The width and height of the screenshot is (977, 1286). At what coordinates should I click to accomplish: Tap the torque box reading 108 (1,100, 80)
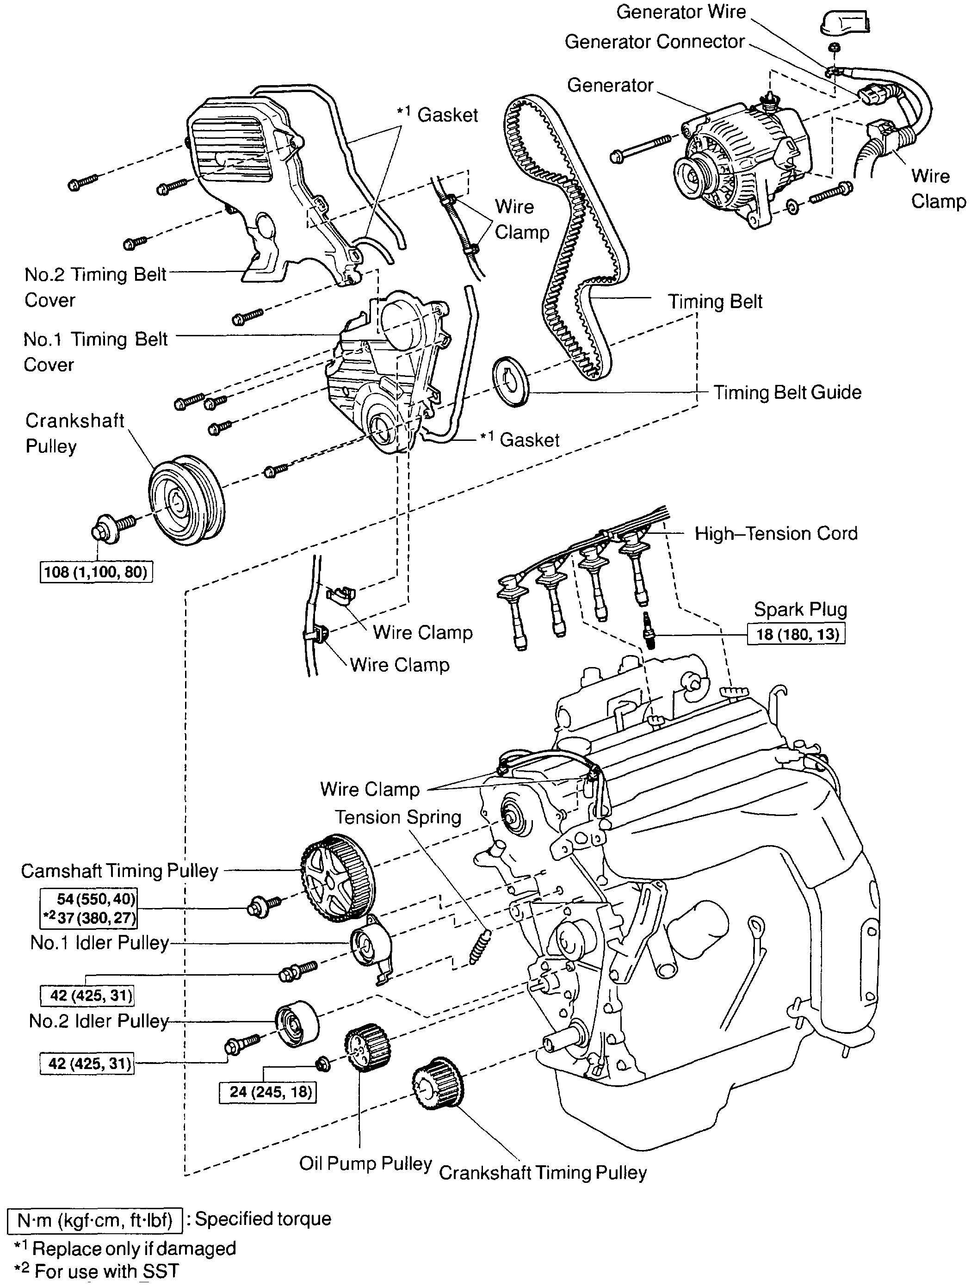click(x=96, y=572)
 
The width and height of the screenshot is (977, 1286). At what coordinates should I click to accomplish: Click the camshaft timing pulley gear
click(x=338, y=878)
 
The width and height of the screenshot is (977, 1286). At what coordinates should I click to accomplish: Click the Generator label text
click(x=610, y=86)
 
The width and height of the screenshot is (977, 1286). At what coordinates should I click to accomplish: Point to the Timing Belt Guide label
click(x=787, y=392)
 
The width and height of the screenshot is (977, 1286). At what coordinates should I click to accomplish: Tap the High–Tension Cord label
click(x=776, y=534)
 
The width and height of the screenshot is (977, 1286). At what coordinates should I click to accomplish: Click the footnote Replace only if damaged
click(x=134, y=1249)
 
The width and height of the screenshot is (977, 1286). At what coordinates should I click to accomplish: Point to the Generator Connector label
click(x=654, y=42)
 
